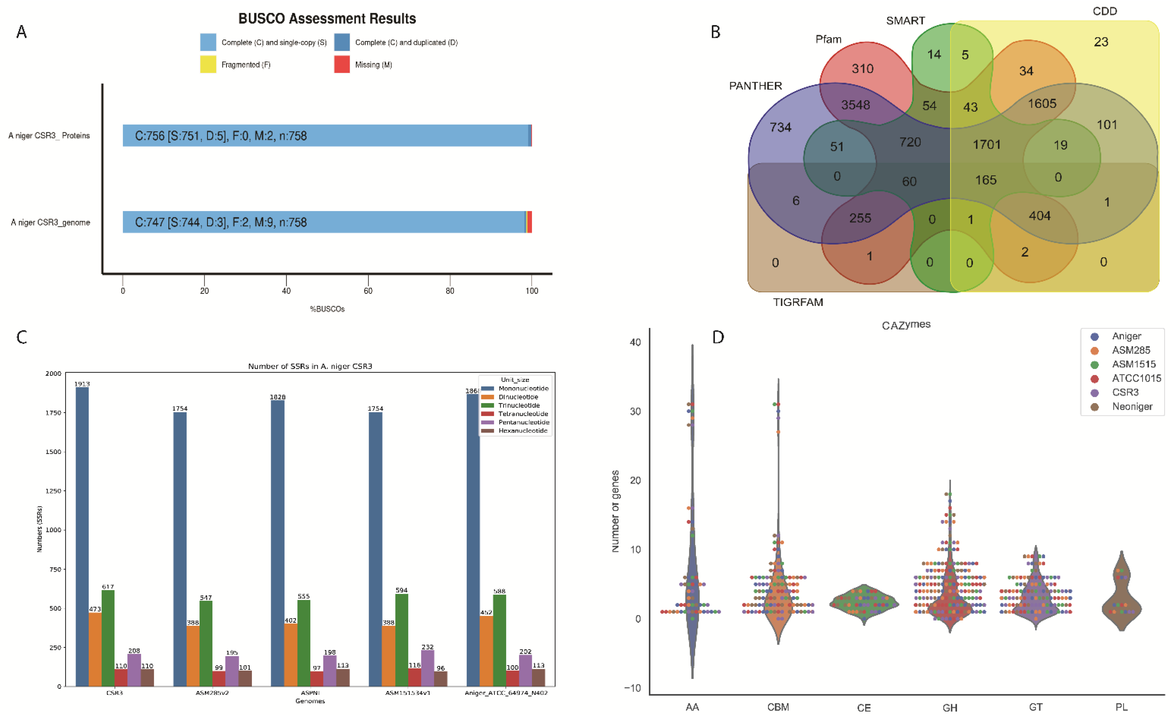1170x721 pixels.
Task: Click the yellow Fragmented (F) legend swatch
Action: coord(208,64)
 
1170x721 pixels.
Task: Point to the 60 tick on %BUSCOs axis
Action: coord(368,290)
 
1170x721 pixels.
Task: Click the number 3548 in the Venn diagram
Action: coord(855,105)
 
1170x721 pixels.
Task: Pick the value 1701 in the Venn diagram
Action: coord(987,144)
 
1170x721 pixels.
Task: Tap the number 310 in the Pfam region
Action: coord(862,69)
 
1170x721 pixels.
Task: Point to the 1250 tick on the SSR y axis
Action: coord(53,491)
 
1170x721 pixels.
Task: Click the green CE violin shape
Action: coord(864,603)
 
